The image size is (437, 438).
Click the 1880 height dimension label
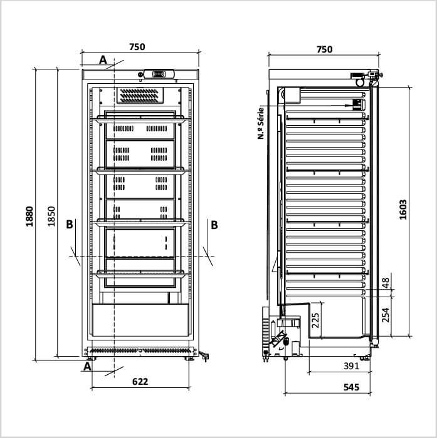click(x=29, y=216)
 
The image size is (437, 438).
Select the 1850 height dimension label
click(x=51, y=216)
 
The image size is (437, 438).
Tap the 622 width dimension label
click(x=140, y=381)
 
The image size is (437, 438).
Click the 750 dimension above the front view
click(x=137, y=47)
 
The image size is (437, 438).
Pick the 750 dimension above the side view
click(x=325, y=49)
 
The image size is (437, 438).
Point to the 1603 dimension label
click(x=403, y=210)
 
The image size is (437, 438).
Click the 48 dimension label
click(x=386, y=283)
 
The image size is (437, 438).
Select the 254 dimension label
click(x=386, y=315)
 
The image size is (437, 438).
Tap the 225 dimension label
click(x=315, y=320)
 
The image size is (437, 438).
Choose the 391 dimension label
click(x=351, y=366)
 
